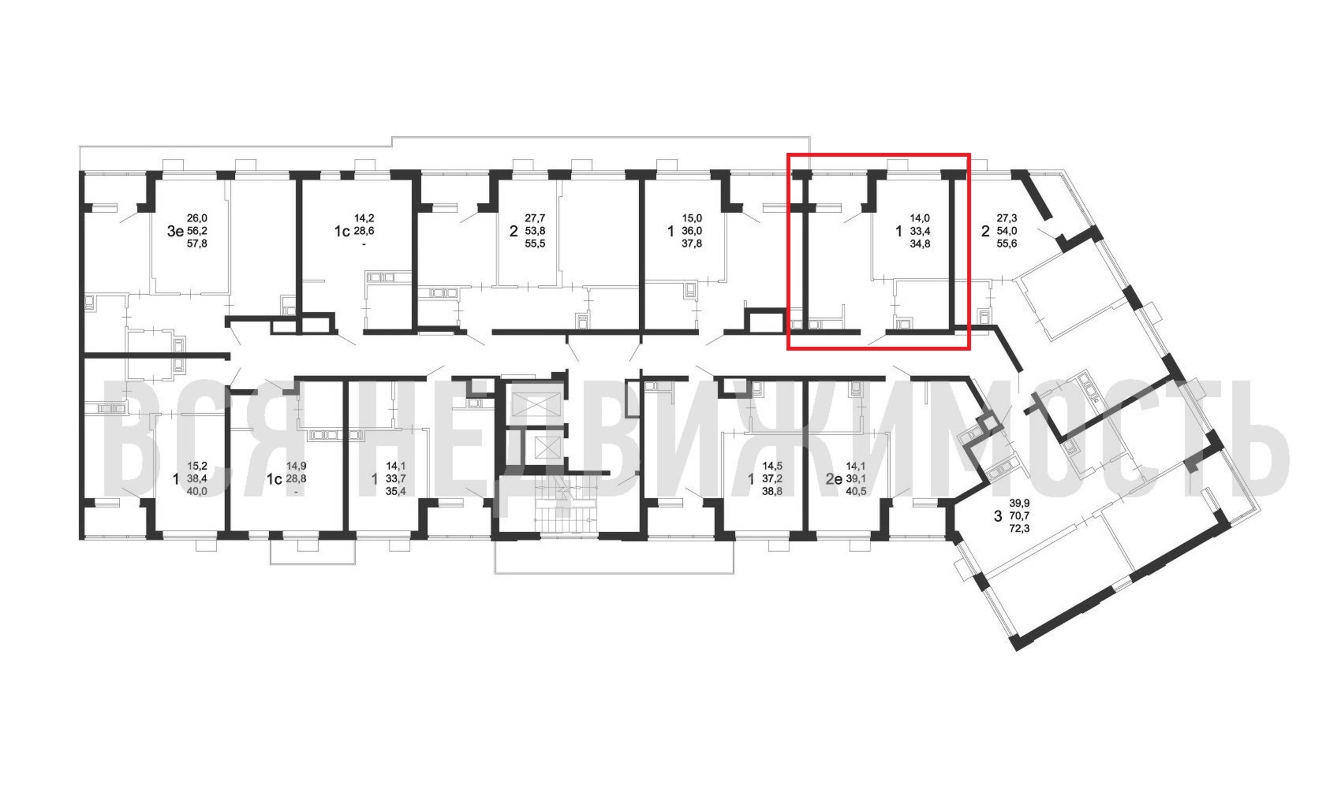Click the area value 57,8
pos(197,244)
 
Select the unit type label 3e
pos(175,231)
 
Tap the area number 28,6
pos(364,231)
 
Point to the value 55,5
pos(535,244)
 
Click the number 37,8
pos(692,244)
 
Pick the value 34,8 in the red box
pos(920,244)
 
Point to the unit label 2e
pos(834,479)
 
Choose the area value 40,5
pos(856,492)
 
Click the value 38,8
pos(772,492)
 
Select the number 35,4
pos(396,492)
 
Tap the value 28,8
pos(297,479)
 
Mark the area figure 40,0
pos(197,492)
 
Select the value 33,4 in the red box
pos(920,231)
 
